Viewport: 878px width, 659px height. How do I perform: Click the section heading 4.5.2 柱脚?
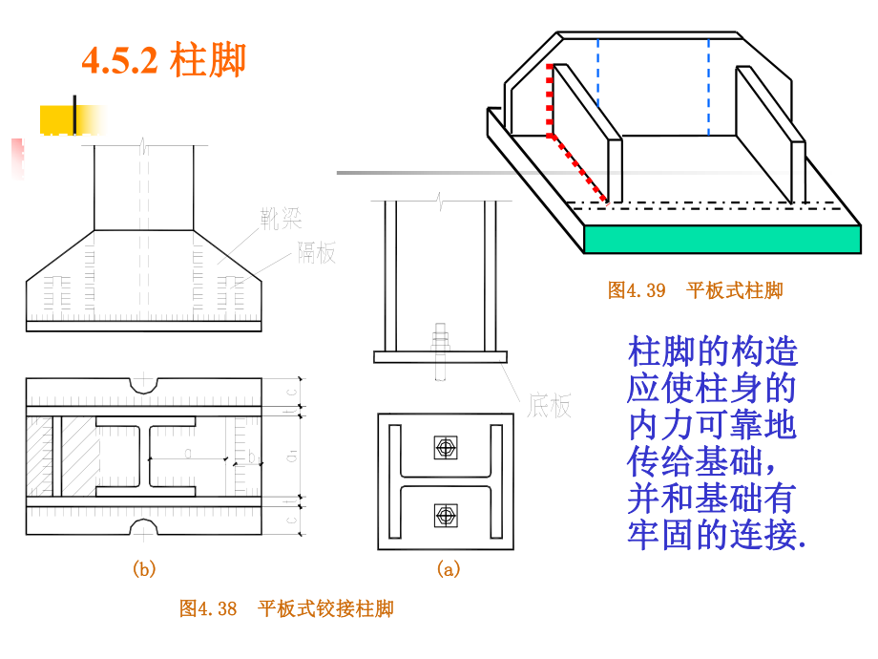[163, 60]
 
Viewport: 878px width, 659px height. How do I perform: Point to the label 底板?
[549, 407]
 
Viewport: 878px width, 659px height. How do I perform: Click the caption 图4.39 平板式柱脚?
[695, 290]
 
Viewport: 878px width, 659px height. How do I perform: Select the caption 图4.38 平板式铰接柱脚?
[286, 608]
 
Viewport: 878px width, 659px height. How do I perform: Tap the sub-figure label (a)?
[448, 569]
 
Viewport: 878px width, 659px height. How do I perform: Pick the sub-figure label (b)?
[143, 569]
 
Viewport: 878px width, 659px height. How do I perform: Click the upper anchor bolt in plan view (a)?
[445, 447]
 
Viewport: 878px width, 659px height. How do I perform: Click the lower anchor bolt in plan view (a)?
[445, 516]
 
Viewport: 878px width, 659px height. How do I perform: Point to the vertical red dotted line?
[550, 100]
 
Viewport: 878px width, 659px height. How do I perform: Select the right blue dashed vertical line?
[709, 86]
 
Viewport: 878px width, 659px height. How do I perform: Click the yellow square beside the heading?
[59, 118]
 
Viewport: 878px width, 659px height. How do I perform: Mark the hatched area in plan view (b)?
[42, 456]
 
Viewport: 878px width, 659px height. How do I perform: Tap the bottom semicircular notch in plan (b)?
[144, 526]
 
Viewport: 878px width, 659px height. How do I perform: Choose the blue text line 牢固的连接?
[716, 535]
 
